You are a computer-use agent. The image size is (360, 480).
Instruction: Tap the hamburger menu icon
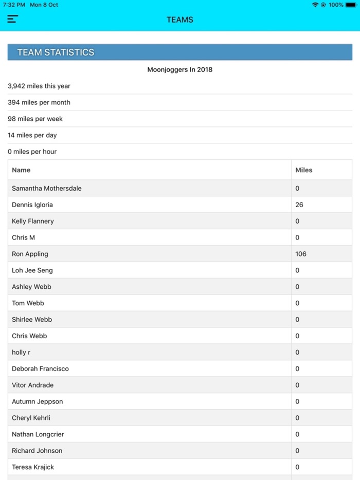(13, 20)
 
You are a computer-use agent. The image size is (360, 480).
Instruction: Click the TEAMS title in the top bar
(180, 20)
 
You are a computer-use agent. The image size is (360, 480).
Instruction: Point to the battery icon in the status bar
(351, 5)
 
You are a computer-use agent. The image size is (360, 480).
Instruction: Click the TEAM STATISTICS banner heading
(56, 52)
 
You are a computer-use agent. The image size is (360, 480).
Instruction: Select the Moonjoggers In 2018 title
(180, 69)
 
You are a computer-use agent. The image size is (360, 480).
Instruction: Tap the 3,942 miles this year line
(39, 86)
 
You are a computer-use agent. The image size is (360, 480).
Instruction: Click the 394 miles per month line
(39, 102)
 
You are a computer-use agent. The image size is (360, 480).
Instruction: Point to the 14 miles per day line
(32, 135)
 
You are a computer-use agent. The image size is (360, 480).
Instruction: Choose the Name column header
(21, 170)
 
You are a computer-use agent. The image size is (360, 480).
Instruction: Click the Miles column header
(303, 170)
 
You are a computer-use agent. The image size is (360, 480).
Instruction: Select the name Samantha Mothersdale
(47, 188)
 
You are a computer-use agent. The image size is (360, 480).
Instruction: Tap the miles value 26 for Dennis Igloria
(299, 205)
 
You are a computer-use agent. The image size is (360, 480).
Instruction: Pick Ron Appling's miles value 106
(301, 254)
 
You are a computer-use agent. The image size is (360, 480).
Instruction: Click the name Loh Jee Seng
(32, 270)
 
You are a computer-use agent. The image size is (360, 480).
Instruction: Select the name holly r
(21, 352)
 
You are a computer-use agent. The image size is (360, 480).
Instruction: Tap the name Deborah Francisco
(40, 368)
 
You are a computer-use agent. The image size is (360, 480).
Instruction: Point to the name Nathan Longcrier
(38, 434)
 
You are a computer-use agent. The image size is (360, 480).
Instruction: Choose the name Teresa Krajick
(33, 467)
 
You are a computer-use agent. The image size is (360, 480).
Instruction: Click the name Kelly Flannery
(33, 221)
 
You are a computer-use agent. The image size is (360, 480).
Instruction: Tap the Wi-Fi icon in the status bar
(315, 5)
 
